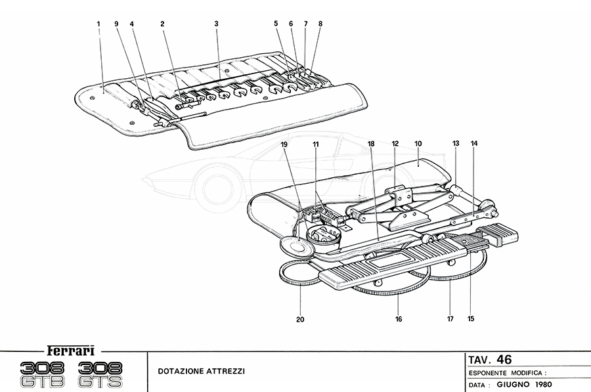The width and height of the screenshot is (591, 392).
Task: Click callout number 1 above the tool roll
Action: coord(98,24)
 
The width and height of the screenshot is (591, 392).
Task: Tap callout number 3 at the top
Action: coord(216,24)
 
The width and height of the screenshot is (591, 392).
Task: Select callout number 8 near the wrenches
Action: coord(320,24)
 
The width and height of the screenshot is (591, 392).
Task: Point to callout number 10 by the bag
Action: coord(418,142)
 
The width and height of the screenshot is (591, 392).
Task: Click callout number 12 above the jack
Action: coord(395,142)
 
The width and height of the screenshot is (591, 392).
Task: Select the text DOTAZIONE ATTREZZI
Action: coord(201,371)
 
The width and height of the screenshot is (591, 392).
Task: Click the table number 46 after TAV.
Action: coord(504,359)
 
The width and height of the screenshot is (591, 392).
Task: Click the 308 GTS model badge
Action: coord(105,375)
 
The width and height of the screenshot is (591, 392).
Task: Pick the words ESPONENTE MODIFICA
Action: coord(506,372)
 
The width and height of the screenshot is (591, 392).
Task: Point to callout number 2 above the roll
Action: coord(162,24)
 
